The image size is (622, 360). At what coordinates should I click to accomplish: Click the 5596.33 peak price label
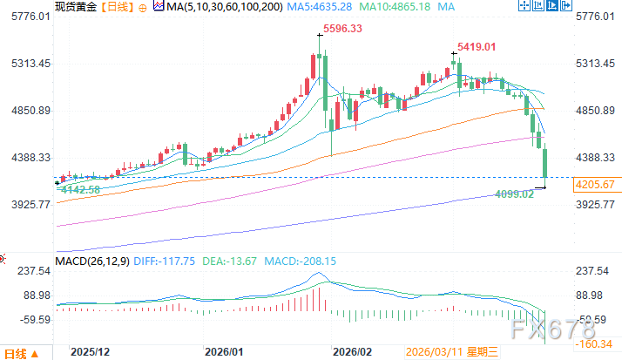point(341,29)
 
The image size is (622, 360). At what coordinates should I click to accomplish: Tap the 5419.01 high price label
point(477,46)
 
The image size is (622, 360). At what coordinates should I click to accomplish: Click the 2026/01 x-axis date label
point(223,352)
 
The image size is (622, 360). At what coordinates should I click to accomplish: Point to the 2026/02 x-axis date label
point(353,352)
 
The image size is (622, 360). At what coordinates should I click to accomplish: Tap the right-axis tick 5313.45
point(596,64)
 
